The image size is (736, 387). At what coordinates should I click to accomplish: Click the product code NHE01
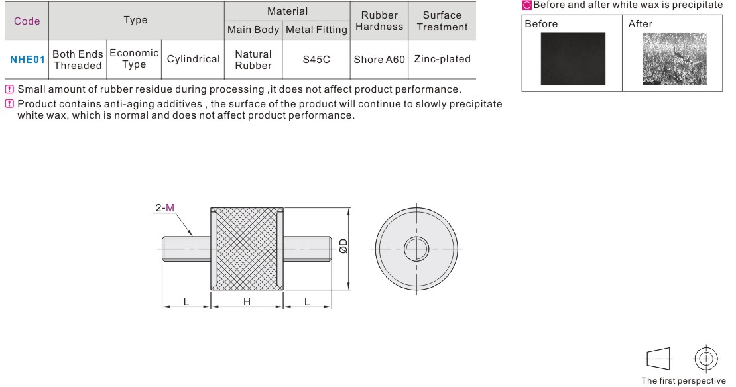click(27, 60)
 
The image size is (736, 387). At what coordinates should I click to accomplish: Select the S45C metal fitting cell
click(316, 60)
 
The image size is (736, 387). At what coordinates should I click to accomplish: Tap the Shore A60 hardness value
click(379, 60)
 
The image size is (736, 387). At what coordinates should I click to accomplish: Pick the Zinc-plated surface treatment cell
click(442, 59)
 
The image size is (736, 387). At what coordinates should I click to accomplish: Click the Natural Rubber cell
click(253, 60)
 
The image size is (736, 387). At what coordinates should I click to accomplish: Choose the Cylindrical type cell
click(194, 59)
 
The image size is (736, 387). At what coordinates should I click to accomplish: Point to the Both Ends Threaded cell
click(78, 60)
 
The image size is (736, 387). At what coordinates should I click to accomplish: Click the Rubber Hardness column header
click(379, 21)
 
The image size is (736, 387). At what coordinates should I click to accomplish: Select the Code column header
click(27, 21)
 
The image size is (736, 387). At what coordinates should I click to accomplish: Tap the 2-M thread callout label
click(164, 208)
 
